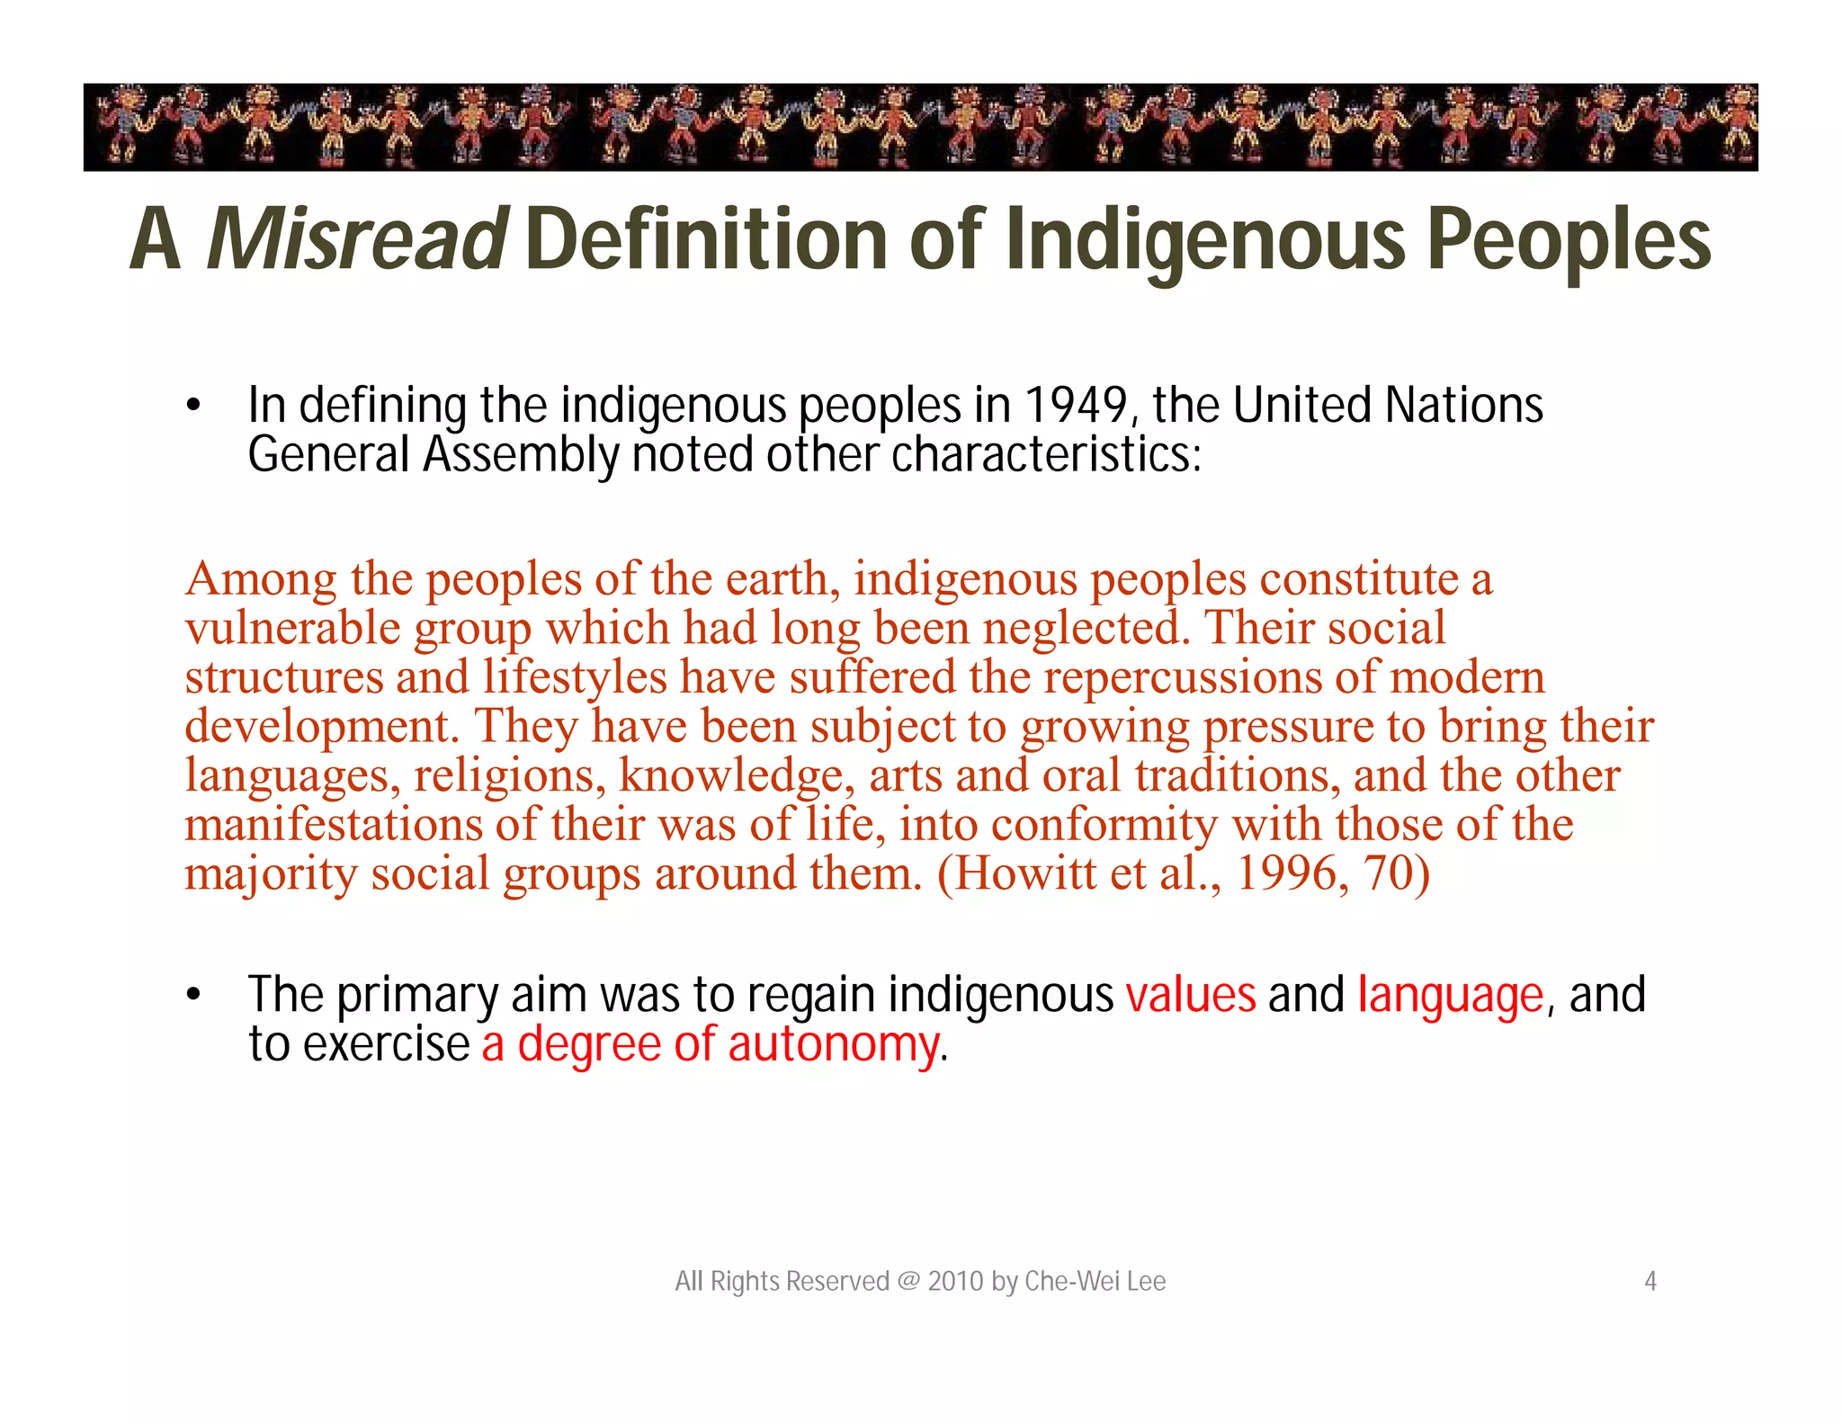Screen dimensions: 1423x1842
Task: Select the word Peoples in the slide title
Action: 1569,239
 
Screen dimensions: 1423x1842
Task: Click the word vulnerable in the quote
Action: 292,628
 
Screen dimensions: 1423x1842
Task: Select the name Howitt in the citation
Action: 1016,873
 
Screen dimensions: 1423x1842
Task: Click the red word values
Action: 1190,995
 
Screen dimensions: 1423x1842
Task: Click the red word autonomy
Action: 832,1045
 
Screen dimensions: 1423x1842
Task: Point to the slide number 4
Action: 1650,1281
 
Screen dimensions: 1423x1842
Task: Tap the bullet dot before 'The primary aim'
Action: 192,996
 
